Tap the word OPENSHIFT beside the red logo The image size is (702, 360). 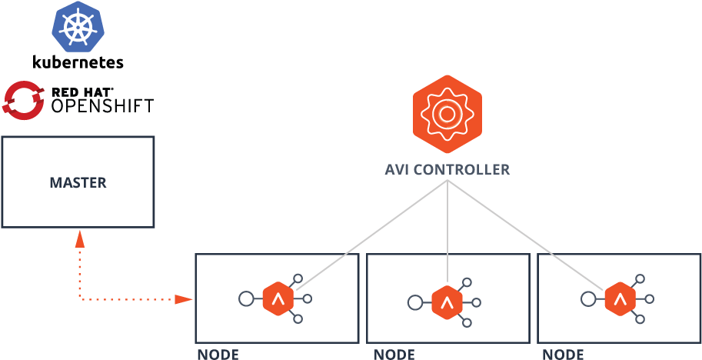101,105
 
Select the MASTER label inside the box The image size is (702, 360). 78,183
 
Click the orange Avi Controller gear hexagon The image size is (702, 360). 447,114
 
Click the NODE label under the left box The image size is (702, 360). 218,354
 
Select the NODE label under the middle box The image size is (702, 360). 394,354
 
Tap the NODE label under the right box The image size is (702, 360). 563,354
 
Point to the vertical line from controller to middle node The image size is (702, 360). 447,231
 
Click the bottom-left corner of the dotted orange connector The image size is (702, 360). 79,298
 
